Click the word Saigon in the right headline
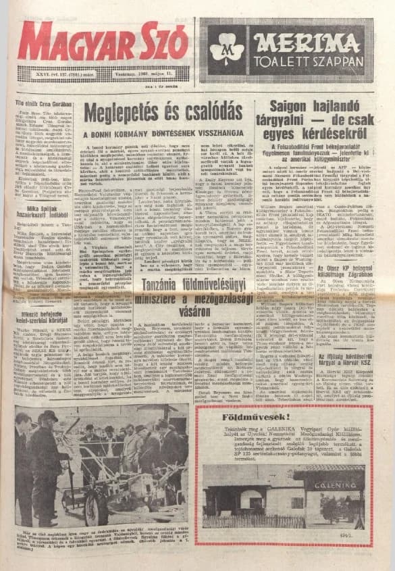tap(292, 106)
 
